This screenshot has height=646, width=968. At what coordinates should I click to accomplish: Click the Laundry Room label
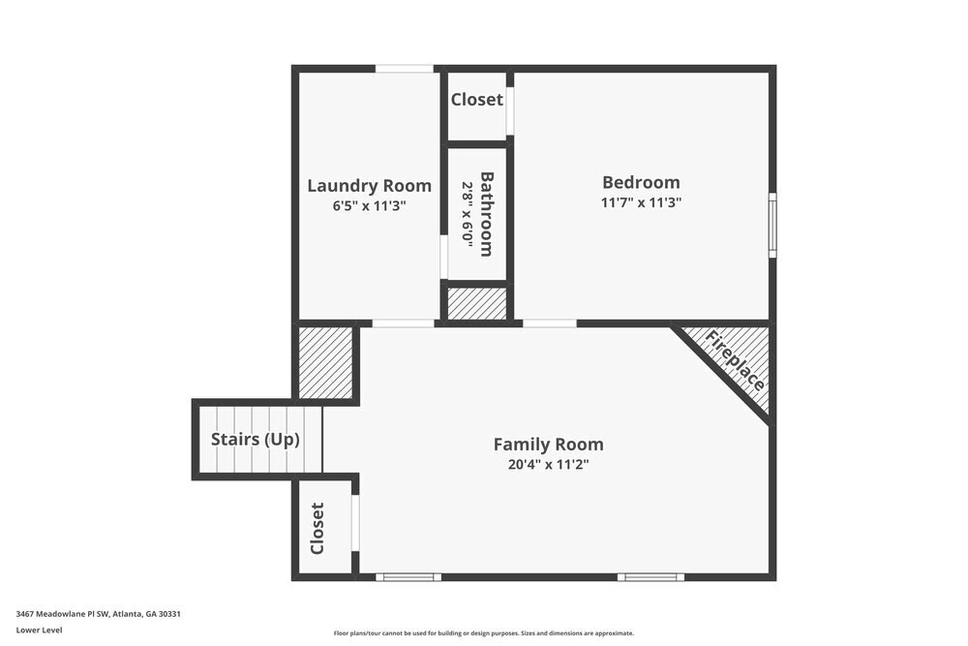(x=369, y=186)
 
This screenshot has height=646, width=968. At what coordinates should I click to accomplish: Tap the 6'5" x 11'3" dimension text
(x=369, y=205)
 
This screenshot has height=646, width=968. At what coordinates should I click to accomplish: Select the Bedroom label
(x=641, y=182)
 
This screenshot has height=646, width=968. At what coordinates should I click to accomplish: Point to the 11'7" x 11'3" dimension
(x=641, y=202)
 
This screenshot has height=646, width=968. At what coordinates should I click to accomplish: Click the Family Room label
(x=548, y=445)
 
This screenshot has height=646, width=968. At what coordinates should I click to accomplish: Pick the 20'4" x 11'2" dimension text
(x=548, y=464)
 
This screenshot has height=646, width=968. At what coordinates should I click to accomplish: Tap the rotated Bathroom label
(x=487, y=214)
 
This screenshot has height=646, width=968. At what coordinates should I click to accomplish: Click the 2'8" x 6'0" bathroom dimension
(x=468, y=215)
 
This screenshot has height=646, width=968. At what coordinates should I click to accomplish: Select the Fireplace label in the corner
(x=737, y=360)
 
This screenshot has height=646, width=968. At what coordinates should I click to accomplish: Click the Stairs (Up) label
(x=256, y=439)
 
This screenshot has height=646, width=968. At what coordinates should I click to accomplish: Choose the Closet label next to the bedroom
(x=476, y=100)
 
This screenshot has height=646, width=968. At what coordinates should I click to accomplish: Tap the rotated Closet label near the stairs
(x=318, y=529)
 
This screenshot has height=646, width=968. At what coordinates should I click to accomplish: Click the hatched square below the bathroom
(x=475, y=304)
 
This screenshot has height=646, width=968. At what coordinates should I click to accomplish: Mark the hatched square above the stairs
(x=325, y=362)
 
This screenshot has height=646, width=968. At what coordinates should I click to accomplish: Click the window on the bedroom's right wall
(x=772, y=225)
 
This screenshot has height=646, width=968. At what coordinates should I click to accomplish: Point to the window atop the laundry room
(x=405, y=69)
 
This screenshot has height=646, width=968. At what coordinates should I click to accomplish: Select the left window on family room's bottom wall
(x=408, y=577)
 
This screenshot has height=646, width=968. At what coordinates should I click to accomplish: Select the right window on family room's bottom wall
(x=650, y=577)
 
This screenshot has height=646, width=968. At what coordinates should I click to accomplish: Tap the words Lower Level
(x=39, y=630)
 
